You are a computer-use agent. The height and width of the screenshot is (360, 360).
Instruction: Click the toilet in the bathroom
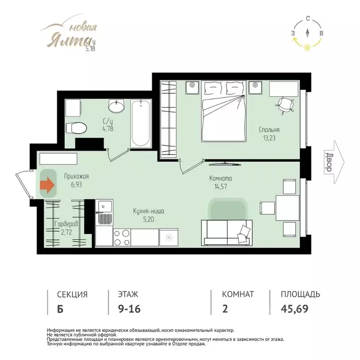point(76,128)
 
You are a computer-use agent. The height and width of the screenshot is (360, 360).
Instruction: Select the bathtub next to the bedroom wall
point(141,123)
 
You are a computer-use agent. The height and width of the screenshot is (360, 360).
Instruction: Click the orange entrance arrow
point(47,185)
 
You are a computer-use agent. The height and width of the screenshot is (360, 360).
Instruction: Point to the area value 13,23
point(269,138)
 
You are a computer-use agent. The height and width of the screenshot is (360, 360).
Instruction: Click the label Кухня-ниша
point(149,211)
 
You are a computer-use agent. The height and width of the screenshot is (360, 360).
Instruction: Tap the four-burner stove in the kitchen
point(122,237)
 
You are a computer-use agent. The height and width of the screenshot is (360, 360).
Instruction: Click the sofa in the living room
point(227,233)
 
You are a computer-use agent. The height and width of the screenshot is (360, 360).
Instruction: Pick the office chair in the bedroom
point(285,105)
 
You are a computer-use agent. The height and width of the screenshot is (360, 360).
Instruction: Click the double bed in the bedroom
point(224,111)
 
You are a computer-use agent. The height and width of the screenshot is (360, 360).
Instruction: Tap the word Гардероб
point(67,224)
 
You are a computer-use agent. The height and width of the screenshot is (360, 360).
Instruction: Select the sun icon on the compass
point(307,47)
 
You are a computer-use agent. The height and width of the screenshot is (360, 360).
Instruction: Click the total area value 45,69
point(294,309)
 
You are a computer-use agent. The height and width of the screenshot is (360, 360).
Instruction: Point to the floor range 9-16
point(129,309)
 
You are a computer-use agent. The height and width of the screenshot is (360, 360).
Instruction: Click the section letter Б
point(60,309)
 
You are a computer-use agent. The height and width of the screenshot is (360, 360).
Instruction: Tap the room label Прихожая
point(76,176)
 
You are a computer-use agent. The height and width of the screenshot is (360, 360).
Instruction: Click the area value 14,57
point(221,187)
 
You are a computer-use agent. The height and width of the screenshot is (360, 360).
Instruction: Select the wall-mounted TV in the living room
point(225,164)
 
